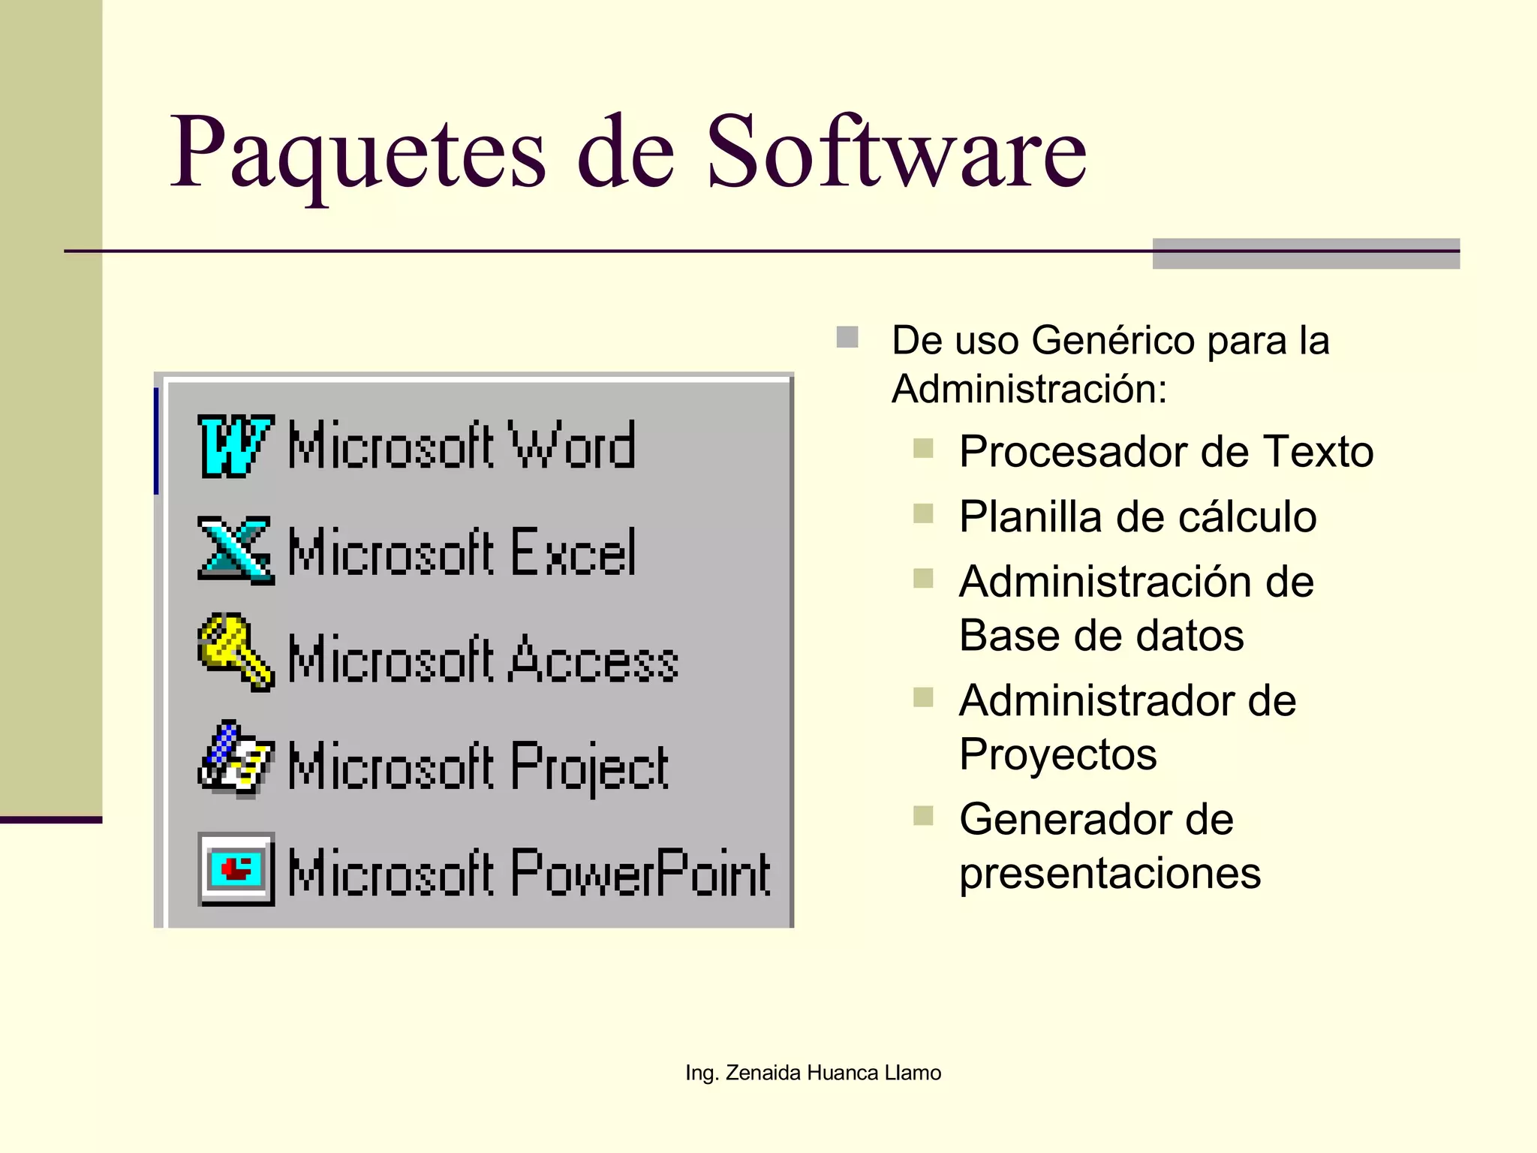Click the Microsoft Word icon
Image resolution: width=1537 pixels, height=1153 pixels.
click(235, 446)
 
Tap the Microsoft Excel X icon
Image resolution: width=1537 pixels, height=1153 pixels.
click(235, 550)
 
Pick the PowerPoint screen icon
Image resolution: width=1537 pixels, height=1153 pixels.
click(236, 869)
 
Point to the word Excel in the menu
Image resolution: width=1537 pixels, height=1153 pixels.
click(574, 552)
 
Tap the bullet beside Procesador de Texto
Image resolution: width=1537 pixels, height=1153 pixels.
click(923, 449)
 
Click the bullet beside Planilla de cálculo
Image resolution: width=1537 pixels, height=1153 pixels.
click(923, 514)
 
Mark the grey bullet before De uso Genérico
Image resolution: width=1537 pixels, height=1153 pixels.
click(847, 337)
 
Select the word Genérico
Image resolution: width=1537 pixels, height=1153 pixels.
click(1113, 340)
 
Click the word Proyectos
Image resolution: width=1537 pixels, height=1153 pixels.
click(1058, 754)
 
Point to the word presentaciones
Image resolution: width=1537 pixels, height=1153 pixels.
click(1110, 873)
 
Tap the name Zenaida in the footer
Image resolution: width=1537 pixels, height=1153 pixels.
click(763, 1073)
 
